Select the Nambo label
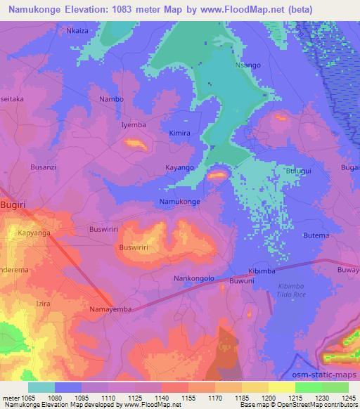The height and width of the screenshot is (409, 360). [x=111, y=99]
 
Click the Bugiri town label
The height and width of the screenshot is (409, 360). [x=14, y=203]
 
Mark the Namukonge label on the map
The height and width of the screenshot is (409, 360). [x=180, y=202]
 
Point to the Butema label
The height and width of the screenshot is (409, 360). [x=316, y=235]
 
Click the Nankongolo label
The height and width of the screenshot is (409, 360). [x=193, y=278]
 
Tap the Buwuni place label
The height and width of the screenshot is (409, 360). [x=242, y=281]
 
